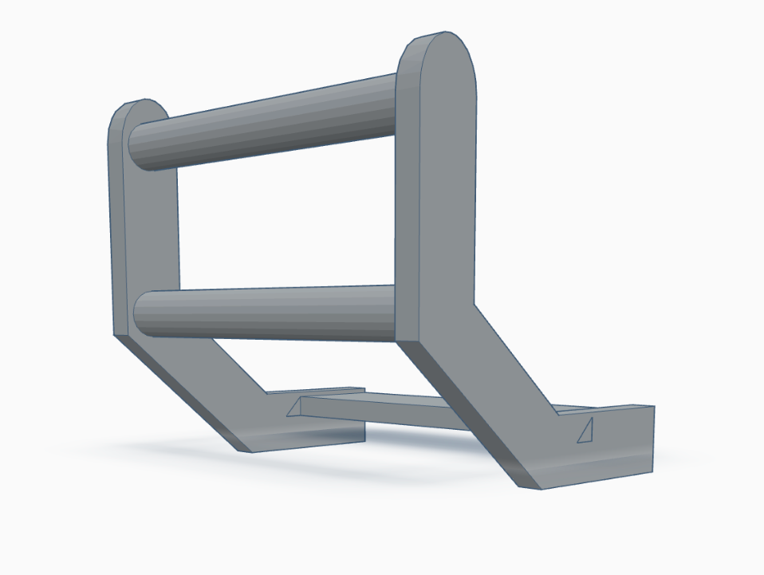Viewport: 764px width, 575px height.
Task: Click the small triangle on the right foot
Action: [x=586, y=431]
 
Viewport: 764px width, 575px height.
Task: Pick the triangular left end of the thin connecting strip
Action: [x=296, y=408]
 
